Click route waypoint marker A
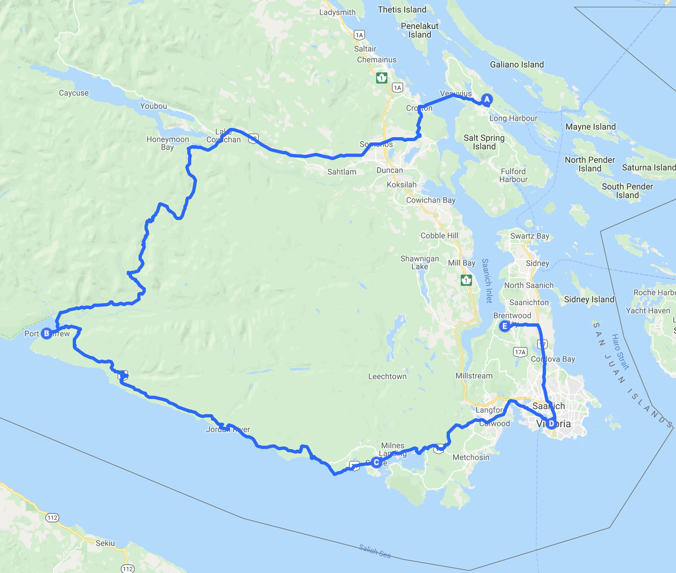(487, 99)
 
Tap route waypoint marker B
(47, 333)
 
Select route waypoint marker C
(376, 462)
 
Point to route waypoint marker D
(551, 424)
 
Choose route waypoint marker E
(505, 326)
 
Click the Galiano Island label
(517, 64)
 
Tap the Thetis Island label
(402, 10)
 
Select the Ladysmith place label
(337, 12)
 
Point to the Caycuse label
(74, 93)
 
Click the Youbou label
(153, 106)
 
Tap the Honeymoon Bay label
(168, 143)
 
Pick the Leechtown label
(387, 376)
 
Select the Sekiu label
(105, 543)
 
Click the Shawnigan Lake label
(420, 262)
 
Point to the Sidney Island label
(589, 299)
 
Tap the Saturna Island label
(649, 167)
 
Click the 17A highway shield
(520, 352)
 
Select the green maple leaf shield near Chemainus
(382, 78)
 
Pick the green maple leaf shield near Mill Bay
(466, 280)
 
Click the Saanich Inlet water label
(487, 281)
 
